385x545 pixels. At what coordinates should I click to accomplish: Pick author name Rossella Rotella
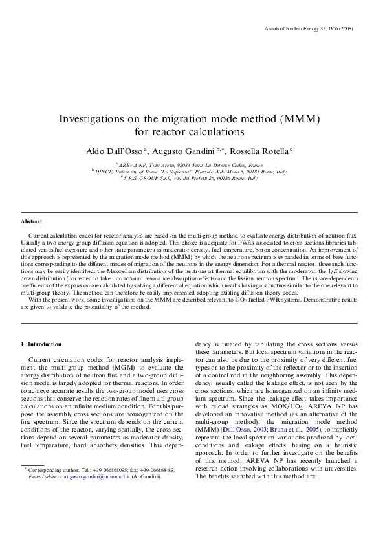coord(263,150)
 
